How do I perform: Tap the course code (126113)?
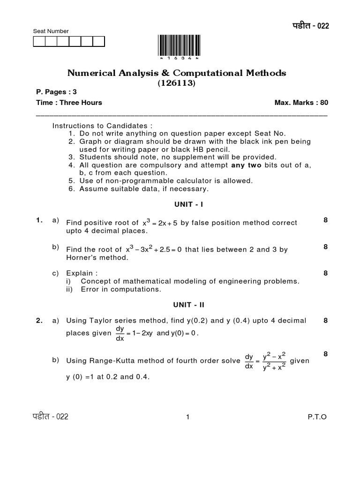coord(177,83)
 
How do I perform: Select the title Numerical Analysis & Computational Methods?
coord(177,73)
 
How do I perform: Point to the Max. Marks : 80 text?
coord(301,103)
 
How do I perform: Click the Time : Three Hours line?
coord(69,103)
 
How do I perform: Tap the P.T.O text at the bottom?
coord(317,417)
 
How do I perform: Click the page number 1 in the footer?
coord(187,417)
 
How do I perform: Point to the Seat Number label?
coord(51,31)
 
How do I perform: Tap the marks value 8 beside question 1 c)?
coord(325,273)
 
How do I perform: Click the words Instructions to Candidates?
coord(103,126)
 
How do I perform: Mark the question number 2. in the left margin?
coord(40,321)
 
